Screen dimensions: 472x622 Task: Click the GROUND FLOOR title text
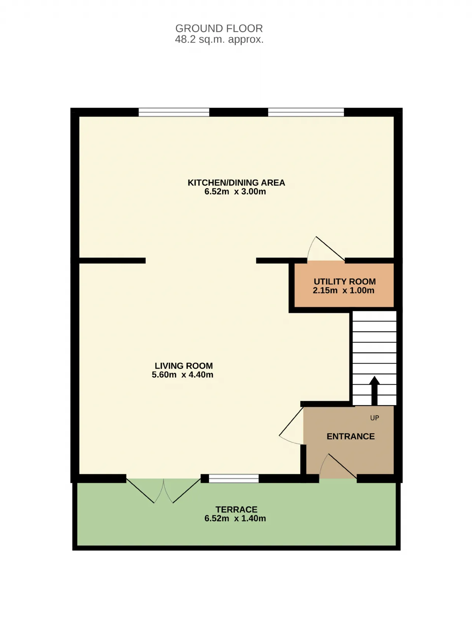click(219, 28)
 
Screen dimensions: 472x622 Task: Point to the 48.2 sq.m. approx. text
click(219, 39)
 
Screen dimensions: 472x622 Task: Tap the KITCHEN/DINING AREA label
click(236, 183)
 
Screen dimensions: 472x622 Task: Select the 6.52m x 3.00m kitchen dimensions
click(235, 191)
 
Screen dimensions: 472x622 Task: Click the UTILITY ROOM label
click(345, 282)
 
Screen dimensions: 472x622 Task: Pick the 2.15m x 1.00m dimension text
click(344, 291)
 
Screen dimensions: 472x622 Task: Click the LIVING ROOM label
click(184, 366)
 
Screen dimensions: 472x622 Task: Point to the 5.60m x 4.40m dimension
click(183, 375)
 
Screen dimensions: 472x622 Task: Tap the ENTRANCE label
click(351, 437)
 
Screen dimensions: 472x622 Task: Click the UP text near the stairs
click(375, 418)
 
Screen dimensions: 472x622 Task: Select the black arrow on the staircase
click(375, 391)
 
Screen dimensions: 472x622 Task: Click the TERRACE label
click(236, 510)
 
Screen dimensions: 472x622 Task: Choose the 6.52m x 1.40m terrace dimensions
click(235, 518)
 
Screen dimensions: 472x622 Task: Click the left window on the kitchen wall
click(174, 112)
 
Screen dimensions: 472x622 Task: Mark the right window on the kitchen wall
click(306, 112)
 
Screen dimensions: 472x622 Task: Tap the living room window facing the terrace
click(234, 479)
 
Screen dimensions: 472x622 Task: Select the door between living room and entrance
click(291, 425)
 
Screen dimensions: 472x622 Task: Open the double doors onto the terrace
click(163, 491)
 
